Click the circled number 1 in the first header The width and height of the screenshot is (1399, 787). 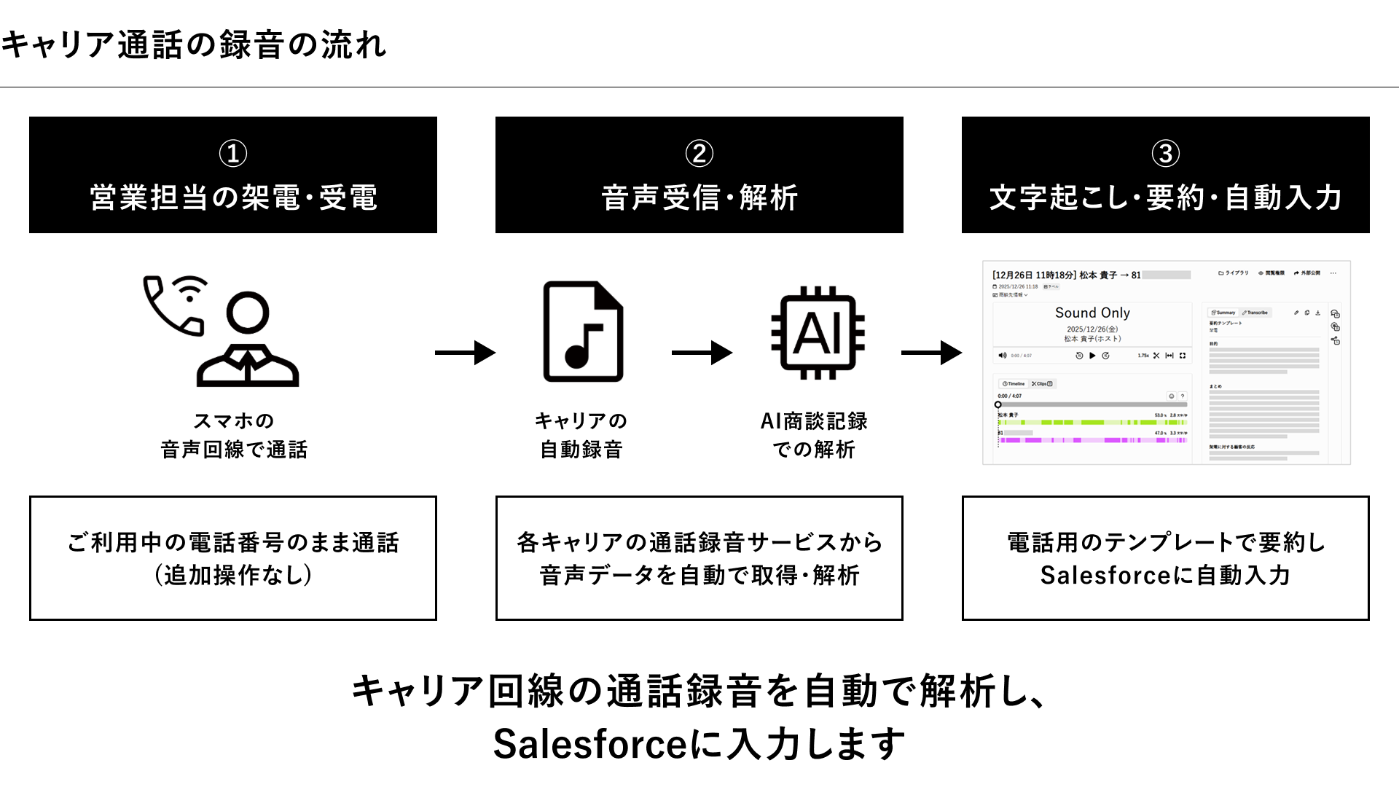tap(233, 154)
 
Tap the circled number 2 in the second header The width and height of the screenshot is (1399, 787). tap(699, 154)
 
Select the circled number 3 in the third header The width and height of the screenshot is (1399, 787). tap(1165, 154)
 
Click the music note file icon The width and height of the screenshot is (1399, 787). tap(583, 332)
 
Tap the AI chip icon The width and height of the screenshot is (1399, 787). tap(818, 333)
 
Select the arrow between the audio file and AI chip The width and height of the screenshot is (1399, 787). tap(701, 353)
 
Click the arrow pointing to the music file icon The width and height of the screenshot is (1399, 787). tap(465, 353)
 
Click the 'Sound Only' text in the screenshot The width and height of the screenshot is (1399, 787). tap(1092, 313)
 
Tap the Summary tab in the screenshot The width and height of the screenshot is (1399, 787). tap(1223, 313)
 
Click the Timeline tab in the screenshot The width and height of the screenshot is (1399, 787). tap(1014, 383)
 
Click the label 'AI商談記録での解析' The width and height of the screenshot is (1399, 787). tap(814, 435)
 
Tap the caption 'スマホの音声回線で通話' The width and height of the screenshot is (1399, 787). tap(233, 435)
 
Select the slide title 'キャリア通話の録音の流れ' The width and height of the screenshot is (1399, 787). tap(194, 45)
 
